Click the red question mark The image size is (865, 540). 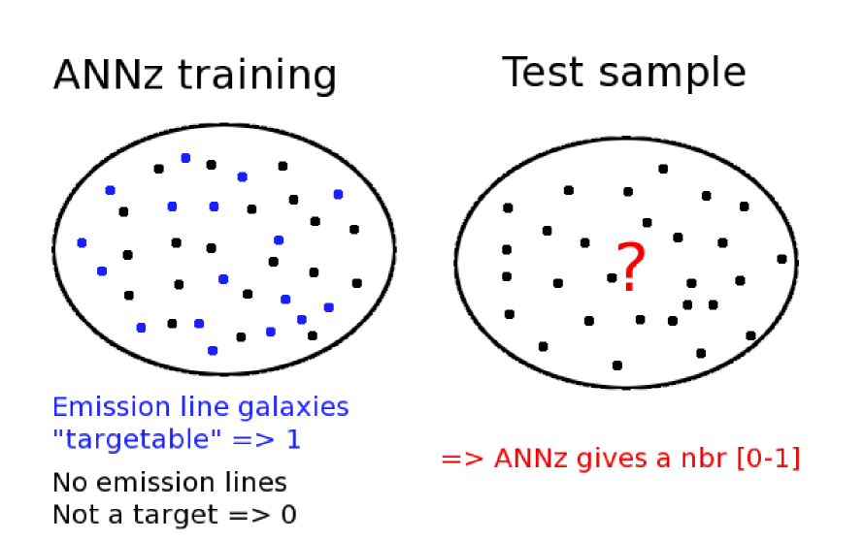pyautogui.click(x=630, y=268)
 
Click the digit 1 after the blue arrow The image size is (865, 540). pyautogui.click(x=292, y=439)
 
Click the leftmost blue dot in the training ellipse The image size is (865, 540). pyautogui.click(x=82, y=242)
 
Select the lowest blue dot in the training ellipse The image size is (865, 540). pyautogui.click(x=213, y=350)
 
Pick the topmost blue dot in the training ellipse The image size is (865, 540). pyautogui.click(x=185, y=157)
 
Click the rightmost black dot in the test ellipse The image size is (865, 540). pyautogui.click(x=782, y=259)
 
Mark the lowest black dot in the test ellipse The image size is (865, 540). pyautogui.click(x=616, y=365)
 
